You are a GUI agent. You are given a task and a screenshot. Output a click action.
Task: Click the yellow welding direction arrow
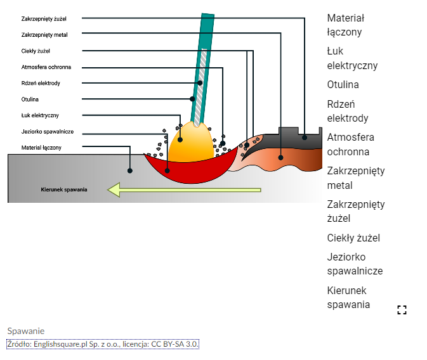point(184,190)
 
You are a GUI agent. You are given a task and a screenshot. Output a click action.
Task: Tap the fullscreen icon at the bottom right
point(401,310)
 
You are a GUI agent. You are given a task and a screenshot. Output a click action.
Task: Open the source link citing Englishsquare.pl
point(103,344)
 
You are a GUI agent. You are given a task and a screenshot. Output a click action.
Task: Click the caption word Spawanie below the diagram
point(26,331)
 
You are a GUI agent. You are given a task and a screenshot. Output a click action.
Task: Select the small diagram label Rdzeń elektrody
point(41,83)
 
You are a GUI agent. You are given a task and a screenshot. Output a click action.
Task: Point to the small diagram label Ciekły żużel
point(36,51)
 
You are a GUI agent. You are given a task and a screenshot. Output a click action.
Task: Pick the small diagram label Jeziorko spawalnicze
point(47,131)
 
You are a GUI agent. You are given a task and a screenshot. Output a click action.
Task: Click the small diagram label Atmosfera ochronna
point(46,67)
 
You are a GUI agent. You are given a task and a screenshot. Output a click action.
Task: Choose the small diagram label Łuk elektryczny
point(40,115)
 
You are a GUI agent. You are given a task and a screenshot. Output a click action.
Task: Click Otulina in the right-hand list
point(343,84)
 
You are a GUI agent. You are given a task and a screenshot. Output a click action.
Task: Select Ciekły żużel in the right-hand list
point(353,238)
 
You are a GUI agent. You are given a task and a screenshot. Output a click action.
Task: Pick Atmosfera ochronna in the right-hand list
point(350,145)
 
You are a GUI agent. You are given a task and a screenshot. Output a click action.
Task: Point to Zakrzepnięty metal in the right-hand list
point(355,178)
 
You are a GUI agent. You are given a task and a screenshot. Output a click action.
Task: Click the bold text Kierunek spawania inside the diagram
point(64,190)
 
